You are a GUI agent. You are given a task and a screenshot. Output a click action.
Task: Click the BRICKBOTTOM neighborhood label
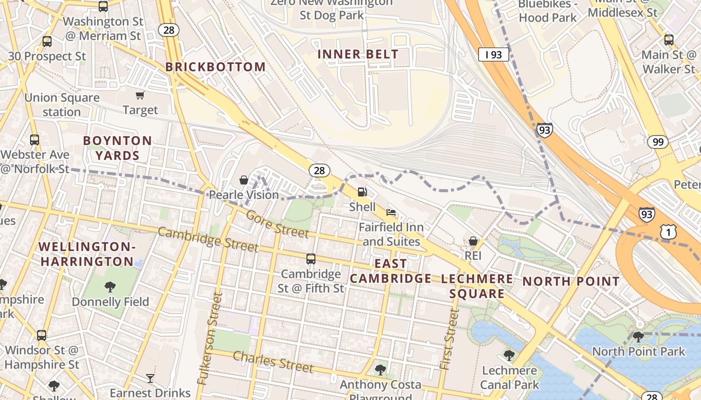(x=215, y=67)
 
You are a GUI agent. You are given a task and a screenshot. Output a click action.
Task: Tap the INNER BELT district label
(x=358, y=54)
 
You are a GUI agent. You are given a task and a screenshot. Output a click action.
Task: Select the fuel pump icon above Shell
(x=362, y=192)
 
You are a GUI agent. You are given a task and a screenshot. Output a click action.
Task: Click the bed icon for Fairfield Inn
(x=391, y=212)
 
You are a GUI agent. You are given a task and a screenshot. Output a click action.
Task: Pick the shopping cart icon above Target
(x=140, y=95)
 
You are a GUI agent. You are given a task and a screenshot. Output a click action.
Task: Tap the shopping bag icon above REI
(x=473, y=241)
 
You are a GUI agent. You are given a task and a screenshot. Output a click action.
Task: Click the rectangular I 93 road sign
(x=493, y=54)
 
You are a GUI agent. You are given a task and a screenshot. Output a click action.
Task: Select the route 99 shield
(x=657, y=142)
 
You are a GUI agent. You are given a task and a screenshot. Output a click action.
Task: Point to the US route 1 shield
(x=668, y=231)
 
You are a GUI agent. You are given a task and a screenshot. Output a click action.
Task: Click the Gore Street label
(x=277, y=224)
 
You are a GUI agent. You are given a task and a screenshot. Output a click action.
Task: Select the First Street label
(x=449, y=339)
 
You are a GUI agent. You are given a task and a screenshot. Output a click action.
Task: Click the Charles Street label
(x=273, y=361)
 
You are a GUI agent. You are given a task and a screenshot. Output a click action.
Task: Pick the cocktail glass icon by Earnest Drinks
(x=150, y=378)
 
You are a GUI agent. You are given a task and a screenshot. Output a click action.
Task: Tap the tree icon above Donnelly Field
(x=110, y=287)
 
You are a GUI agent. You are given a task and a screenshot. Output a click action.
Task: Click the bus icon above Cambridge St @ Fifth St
(x=311, y=259)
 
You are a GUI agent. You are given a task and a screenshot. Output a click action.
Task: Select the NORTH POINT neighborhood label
(x=571, y=281)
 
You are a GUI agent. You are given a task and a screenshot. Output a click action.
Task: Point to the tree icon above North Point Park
(x=638, y=336)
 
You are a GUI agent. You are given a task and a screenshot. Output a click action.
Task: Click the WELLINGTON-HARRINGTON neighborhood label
(x=87, y=254)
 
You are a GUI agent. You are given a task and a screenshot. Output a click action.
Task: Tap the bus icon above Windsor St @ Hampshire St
(x=42, y=335)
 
